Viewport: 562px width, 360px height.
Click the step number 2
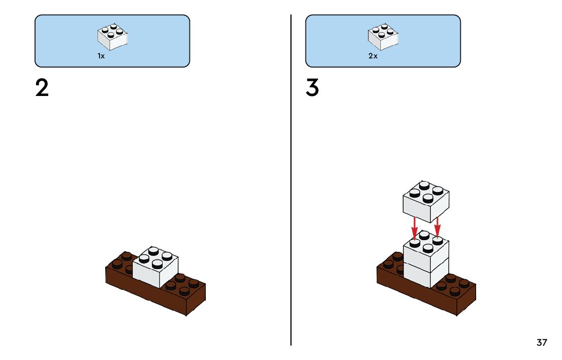(42, 88)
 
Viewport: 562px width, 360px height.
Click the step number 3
(313, 88)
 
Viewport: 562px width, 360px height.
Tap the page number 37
(542, 343)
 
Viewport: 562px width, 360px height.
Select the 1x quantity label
(101, 56)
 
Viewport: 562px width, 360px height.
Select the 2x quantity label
(373, 56)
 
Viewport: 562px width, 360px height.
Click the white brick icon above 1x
(112, 37)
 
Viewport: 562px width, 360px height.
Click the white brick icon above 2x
(383, 37)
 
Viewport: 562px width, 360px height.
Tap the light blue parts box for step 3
(330, 41)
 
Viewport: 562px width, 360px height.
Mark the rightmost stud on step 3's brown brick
(464, 283)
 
